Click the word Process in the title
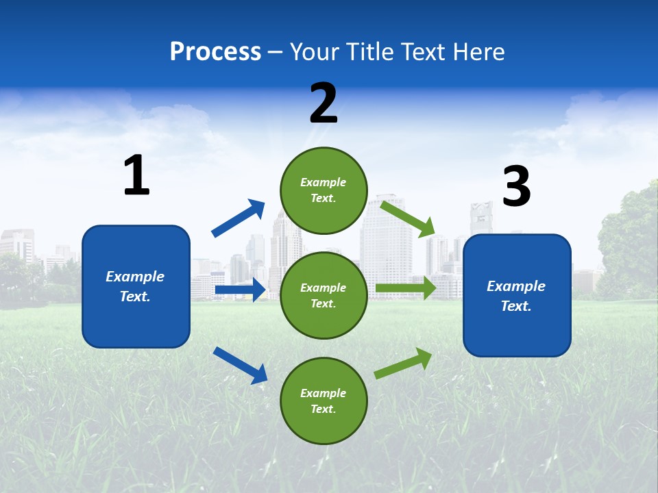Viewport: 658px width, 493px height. pyautogui.click(x=215, y=52)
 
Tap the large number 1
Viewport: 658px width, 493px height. pyautogui.click(x=136, y=176)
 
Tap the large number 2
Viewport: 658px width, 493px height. pyautogui.click(x=324, y=103)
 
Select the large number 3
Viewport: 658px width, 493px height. pyautogui.click(x=516, y=187)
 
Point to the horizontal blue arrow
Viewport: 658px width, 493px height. pyautogui.click(x=240, y=290)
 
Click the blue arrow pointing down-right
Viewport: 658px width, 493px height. pyautogui.click(x=240, y=364)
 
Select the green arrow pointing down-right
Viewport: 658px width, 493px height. pyautogui.click(x=407, y=218)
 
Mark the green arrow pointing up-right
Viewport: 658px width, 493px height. pyautogui.click(x=403, y=363)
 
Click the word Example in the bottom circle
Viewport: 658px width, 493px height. pyautogui.click(x=324, y=393)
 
